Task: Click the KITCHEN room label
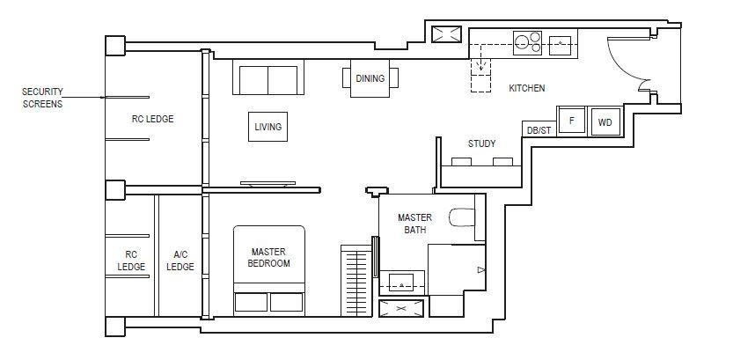(527, 88)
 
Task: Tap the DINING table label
(370, 78)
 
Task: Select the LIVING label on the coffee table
(268, 127)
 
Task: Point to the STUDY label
(481, 143)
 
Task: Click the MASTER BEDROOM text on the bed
(268, 258)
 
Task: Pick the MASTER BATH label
(414, 224)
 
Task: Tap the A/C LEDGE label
(180, 261)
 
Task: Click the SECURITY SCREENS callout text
(42, 98)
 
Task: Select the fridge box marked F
(571, 121)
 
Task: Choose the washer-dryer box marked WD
(605, 122)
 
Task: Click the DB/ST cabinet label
(539, 130)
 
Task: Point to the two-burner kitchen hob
(527, 43)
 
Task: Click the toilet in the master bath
(462, 218)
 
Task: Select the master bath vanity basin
(401, 283)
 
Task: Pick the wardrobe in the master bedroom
(356, 281)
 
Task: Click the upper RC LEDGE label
(152, 119)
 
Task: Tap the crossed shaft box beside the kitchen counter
(446, 34)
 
